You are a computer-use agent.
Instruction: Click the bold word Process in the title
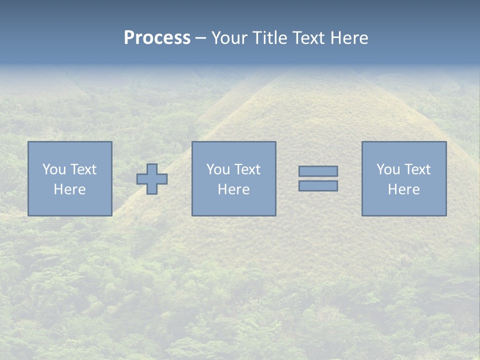[x=157, y=38]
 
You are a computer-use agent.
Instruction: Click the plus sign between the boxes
[x=152, y=179]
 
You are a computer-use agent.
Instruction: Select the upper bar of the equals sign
[x=318, y=171]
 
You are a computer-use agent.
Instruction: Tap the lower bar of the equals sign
[x=318, y=186]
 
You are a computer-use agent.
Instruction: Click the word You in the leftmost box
[x=53, y=169]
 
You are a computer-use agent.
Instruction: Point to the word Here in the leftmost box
[x=69, y=189]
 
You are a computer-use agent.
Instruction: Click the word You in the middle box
[x=217, y=169]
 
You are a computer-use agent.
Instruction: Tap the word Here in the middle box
[x=233, y=189]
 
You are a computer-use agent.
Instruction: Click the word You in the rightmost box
[x=387, y=169]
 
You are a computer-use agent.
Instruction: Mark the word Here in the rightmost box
[x=403, y=189]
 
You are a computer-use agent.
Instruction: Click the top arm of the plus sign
[x=152, y=169]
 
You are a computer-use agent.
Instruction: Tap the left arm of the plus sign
[x=142, y=179]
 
